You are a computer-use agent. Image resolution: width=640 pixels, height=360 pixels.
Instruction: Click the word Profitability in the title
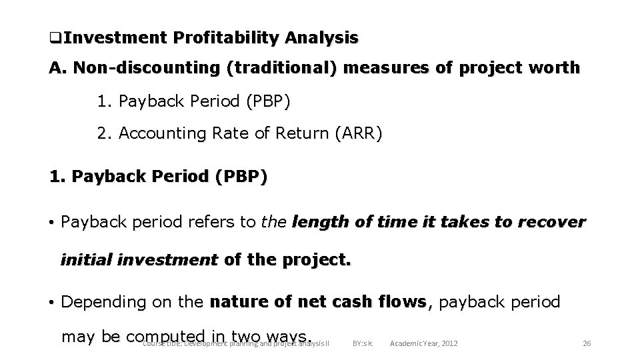tap(225, 38)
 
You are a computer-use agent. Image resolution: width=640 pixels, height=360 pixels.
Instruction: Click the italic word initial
tap(85, 259)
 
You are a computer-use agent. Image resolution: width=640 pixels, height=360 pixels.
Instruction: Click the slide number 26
tap(587, 343)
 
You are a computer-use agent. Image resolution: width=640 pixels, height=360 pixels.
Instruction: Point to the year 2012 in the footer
tap(449, 343)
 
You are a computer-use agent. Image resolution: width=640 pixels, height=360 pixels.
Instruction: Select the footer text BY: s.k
tap(363, 343)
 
